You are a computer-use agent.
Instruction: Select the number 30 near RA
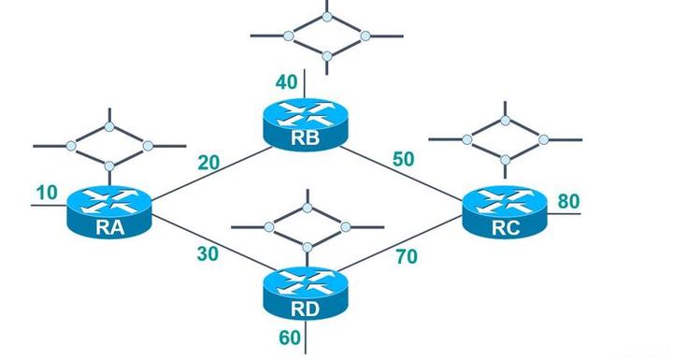(x=208, y=252)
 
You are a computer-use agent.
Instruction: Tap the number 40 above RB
(x=287, y=82)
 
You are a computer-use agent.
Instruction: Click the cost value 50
(x=404, y=159)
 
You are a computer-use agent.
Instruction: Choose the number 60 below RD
(x=290, y=337)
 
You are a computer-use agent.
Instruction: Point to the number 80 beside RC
(x=569, y=201)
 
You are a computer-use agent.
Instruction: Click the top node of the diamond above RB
(x=327, y=16)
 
